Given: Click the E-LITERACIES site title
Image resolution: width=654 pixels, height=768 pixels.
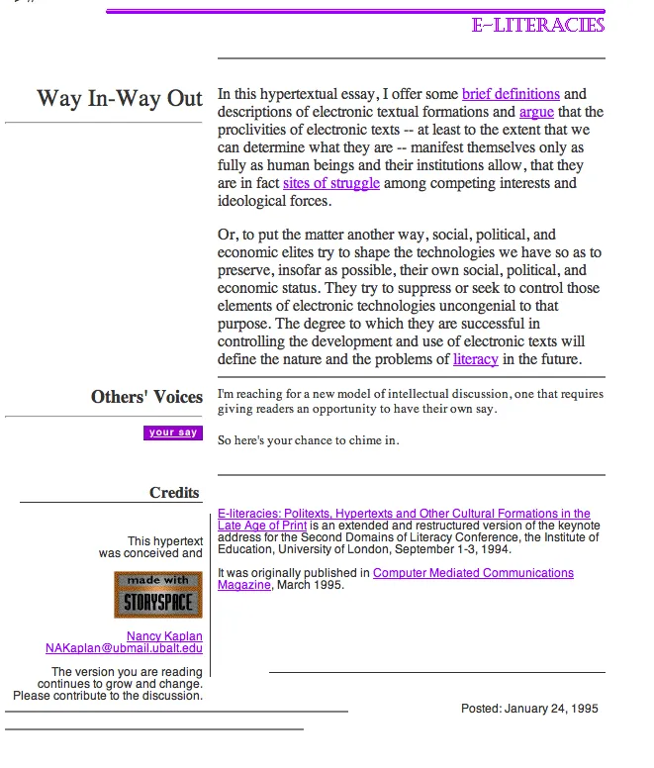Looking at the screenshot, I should click(538, 25).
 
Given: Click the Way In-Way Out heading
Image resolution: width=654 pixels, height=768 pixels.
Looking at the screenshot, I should click(120, 99).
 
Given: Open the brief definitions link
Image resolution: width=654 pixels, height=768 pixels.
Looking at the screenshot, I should click(511, 95).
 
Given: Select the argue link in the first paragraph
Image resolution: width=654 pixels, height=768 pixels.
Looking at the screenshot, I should click(536, 113).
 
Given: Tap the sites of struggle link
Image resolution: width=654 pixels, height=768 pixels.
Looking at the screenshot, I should click(330, 184).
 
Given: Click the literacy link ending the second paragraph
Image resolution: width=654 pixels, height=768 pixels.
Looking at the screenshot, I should click(475, 359).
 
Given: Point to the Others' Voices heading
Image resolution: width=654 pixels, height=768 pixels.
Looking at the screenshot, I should click(146, 397).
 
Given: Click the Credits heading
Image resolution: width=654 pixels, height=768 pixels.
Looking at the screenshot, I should click(174, 493).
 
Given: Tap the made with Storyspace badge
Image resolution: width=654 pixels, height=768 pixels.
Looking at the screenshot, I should click(157, 594).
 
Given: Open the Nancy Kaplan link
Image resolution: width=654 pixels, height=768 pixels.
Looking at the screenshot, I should click(164, 636).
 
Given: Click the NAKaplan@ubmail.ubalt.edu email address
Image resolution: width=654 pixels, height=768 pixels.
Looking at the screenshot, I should click(124, 649).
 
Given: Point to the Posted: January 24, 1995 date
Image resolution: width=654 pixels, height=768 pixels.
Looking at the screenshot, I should click(529, 709).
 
